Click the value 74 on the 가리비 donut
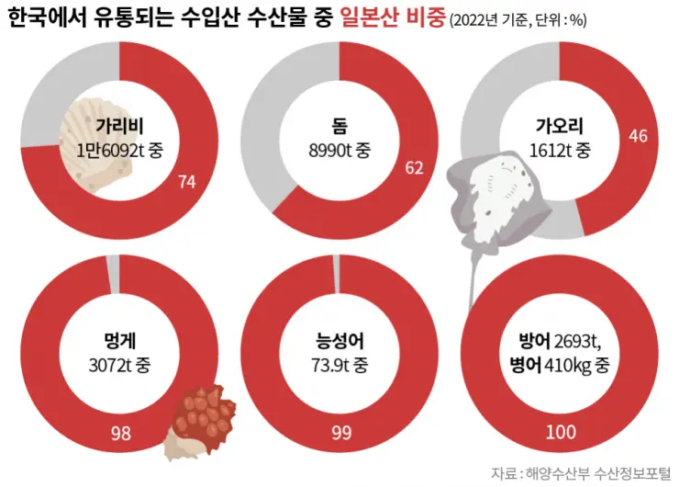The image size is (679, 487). tap(187, 182)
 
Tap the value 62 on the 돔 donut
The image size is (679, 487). tap(413, 167)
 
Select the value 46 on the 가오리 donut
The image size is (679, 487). tap(639, 136)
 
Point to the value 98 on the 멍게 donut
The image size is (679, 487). tap(120, 433)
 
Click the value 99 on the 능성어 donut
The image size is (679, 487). tap(340, 433)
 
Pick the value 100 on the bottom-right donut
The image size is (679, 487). tap(560, 433)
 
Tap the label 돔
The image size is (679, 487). tap(339, 126)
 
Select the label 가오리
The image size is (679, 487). tap(560, 126)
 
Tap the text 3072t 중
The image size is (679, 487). tap(119, 364)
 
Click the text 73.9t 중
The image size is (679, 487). tap(339, 364)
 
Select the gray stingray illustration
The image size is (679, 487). tap(500, 198)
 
